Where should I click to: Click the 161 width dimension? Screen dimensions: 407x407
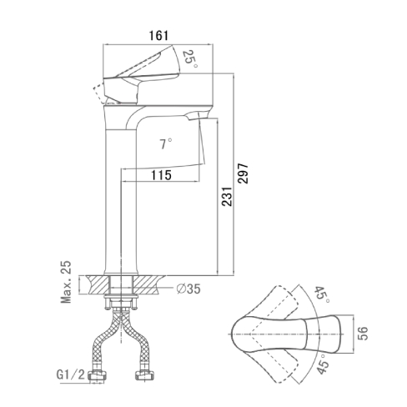point(158,36)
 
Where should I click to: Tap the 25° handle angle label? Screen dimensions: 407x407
point(190,59)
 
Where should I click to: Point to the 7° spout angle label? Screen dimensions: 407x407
point(165,144)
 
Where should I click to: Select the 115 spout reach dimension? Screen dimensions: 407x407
point(161,175)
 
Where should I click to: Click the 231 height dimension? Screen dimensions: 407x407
point(227,196)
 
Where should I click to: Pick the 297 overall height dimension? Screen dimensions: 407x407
point(243,173)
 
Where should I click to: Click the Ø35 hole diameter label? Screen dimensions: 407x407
point(188,289)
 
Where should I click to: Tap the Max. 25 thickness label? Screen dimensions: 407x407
point(66,282)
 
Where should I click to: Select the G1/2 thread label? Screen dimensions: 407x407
point(70,374)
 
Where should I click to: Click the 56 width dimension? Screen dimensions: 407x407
point(363,334)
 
